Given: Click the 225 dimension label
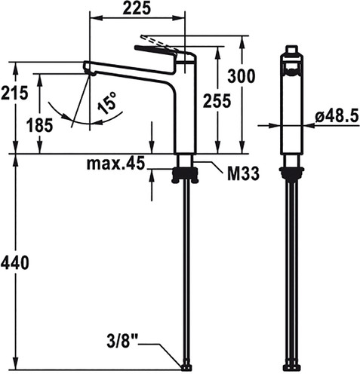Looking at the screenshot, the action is pyautogui.click(x=137, y=8).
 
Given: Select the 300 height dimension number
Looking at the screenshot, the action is pyautogui.click(x=242, y=76).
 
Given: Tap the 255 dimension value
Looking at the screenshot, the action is pyautogui.click(x=217, y=100).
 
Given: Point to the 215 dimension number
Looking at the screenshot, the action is pyautogui.click(x=14, y=93).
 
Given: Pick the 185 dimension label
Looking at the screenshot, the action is pyautogui.click(x=40, y=125).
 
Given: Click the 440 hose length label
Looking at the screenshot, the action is pyautogui.click(x=15, y=262).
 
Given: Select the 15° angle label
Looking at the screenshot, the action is pyautogui.click(x=107, y=103).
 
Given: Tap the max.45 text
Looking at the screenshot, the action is pyautogui.click(x=116, y=163).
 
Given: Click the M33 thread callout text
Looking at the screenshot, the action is pyautogui.click(x=243, y=173).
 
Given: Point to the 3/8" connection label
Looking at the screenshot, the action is pyautogui.click(x=122, y=342).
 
